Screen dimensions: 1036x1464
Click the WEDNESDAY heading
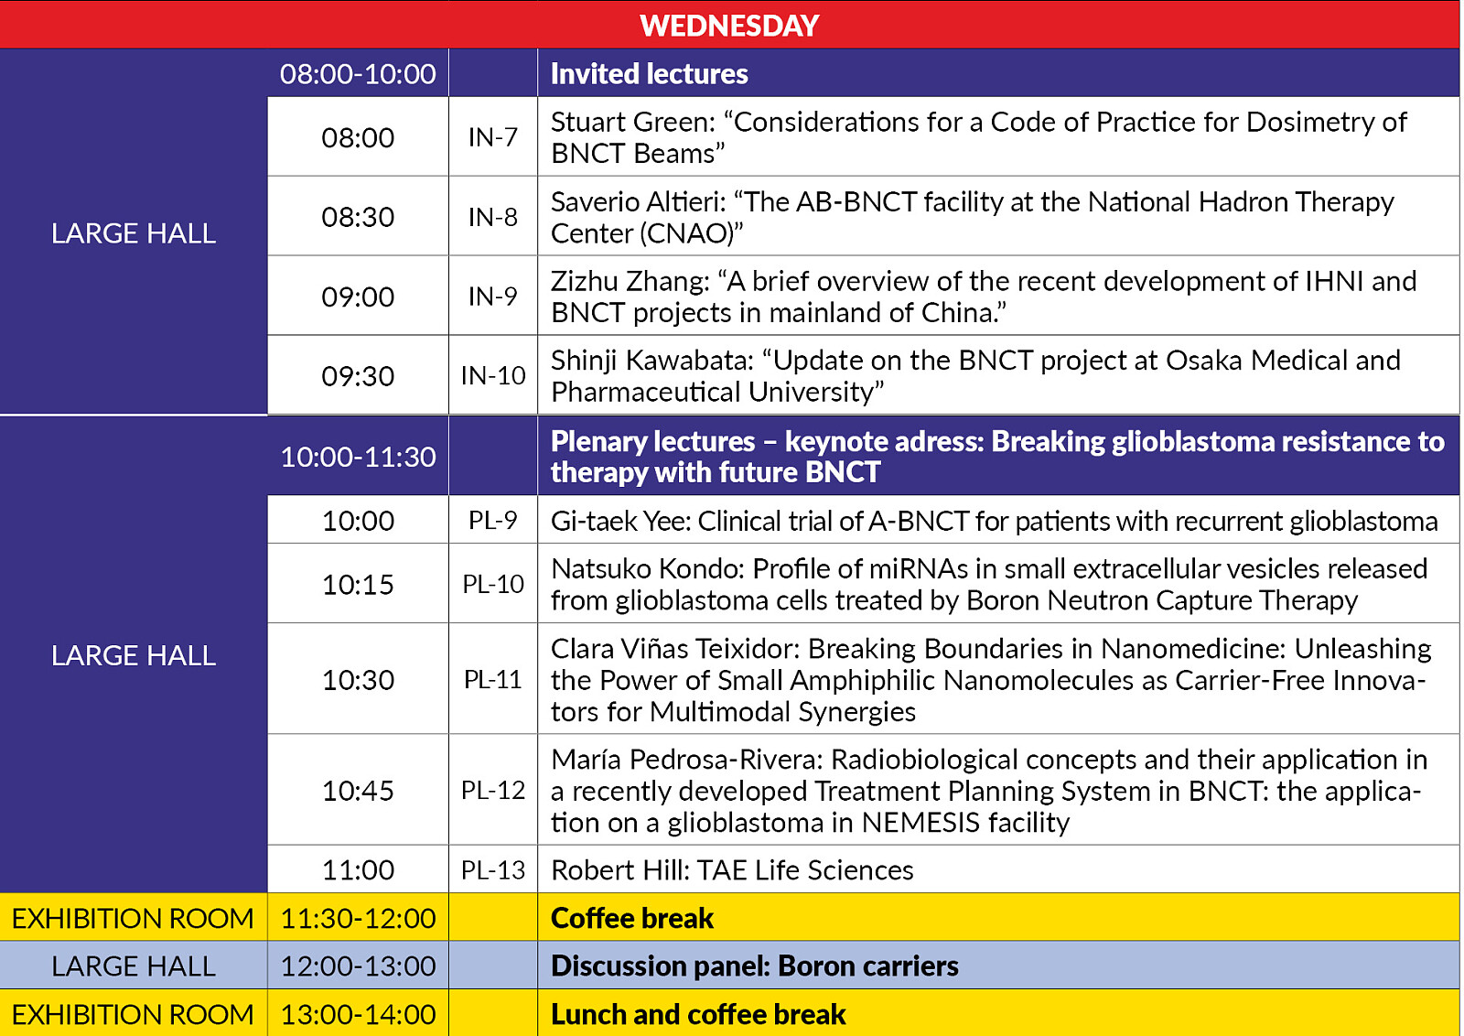pyautogui.click(x=729, y=25)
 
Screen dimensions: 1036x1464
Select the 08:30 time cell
pyautogui.click(x=358, y=217)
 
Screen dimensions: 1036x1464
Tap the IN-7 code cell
pyautogui.click(x=493, y=137)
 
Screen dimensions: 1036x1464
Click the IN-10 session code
pyautogui.click(x=493, y=375)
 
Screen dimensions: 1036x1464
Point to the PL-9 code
pyautogui.click(x=493, y=520)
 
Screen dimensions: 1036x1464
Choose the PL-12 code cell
pyautogui.click(x=493, y=790)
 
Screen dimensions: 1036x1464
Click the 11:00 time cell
pyautogui.click(x=358, y=869)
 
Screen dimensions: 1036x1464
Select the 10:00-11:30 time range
pyautogui.click(x=358, y=457)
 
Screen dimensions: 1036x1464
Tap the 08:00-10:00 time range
pyautogui.click(x=358, y=73)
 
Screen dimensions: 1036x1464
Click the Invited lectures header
pyautogui.click(x=649, y=73)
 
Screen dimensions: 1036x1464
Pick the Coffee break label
pyautogui.click(x=631, y=918)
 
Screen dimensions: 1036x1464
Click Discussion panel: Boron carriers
pyautogui.click(x=754, y=966)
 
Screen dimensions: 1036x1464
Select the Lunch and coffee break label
pyautogui.click(x=697, y=1014)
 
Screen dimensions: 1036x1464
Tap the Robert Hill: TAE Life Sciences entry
pyautogui.click(x=732, y=869)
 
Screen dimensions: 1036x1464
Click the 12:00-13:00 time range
pyautogui.click(x=358, y=966)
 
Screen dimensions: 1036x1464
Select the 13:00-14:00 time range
pyautogui.click(x=358, y=1014)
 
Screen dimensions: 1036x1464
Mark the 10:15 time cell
pyautogui.click(x=358, y=584)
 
